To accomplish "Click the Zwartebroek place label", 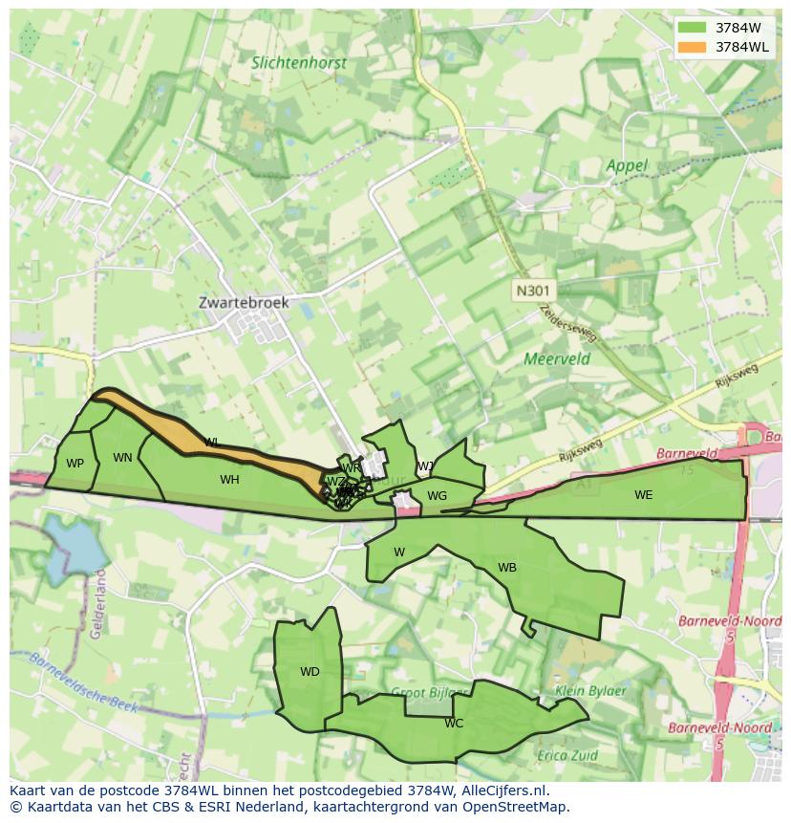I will pos(243,302).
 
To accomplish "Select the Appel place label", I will pos(626,165).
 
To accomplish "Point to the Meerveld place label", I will pos(557,359).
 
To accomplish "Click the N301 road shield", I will pos(533,290).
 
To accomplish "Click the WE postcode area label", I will pos(643,495).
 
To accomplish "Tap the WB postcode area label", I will pos(507,568).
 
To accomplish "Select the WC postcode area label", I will pos(454,724).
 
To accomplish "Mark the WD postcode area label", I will pos(310,672).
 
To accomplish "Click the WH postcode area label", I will pos(229,480).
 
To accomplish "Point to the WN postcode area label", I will pos(122,458).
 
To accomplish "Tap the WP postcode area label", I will pos(75,464).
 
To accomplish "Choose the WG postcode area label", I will pos(437,496).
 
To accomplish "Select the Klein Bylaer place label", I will pos(590,691).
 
